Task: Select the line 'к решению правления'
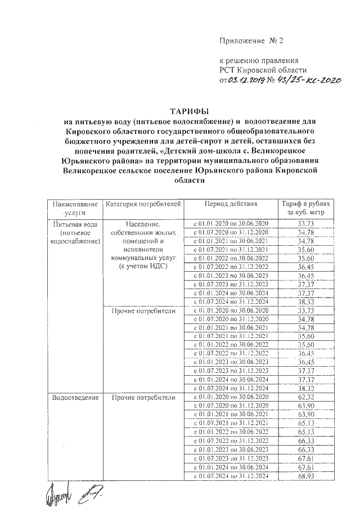(x=258, y=60)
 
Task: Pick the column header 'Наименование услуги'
(x=75, y=208)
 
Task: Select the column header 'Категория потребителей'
(x=144, y=204)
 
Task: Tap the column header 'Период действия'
(x=231, y=204)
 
